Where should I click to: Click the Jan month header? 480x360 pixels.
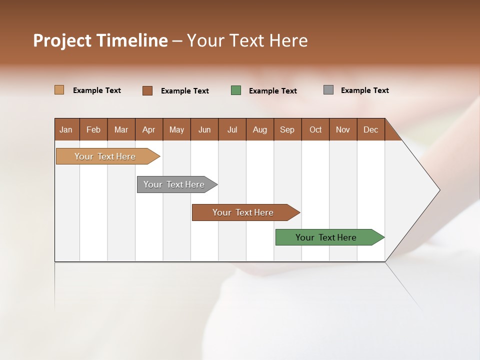coord(66,129)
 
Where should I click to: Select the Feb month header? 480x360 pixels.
coord(93,129)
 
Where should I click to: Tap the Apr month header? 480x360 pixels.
coord(149,129)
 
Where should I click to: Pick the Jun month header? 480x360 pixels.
coord(204,129)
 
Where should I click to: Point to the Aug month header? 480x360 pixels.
coord(260,129)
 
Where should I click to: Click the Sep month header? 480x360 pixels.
coord(287,129)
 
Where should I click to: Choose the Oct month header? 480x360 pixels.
coord(315,129)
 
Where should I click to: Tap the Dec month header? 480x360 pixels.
coord(371,129)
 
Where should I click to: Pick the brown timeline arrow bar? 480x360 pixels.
coord(243,212)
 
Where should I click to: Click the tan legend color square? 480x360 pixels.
coord(59,90)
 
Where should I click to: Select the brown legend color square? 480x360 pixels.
coord(147,90)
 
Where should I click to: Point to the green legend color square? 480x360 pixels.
coord(236,90)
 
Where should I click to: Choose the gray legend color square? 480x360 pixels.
coord(328,90)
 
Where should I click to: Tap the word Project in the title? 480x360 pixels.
coord(62,40)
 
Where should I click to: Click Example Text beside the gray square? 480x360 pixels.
coord(364,90)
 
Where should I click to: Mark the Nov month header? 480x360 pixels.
coord(343,129)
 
